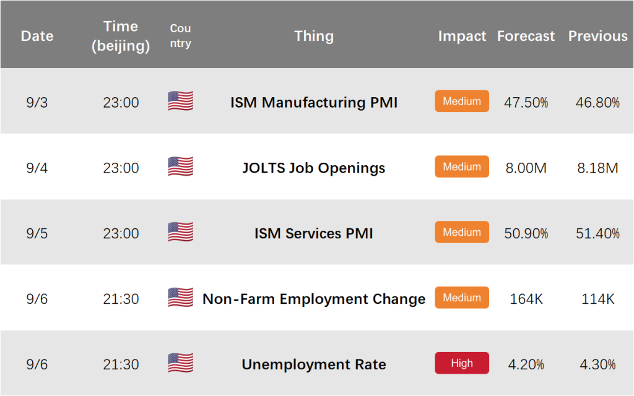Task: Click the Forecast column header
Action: (526, 36)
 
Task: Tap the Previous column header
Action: (597, 36)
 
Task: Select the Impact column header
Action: (462, 37)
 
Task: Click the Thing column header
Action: (314, 37)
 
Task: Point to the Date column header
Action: (37, 36)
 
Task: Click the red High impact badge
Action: (462, 363)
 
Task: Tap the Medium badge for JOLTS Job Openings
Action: (462, 166)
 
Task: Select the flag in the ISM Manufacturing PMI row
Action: (181, 101)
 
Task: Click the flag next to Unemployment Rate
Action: (181, 363)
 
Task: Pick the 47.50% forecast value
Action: (526, 103)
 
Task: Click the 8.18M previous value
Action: (597, 168)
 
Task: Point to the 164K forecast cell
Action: (526, 299)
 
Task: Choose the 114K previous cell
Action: (597, 299)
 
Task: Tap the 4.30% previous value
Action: (597, 364)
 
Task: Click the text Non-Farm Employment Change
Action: (314, 299)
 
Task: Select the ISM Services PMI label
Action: (314, 233)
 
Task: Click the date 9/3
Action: (37, 103)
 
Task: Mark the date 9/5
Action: (37, 233)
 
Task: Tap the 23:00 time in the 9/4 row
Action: (121, 168)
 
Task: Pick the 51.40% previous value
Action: (597, 233)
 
